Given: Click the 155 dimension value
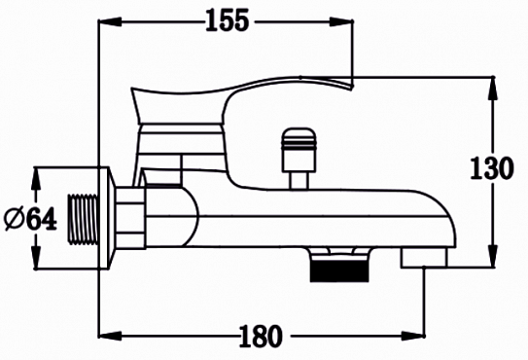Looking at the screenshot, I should pos(227,19).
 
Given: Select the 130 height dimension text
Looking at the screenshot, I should pos(491,167).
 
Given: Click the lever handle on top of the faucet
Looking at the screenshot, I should pos(243,92).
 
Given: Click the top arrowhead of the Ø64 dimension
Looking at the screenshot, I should pos(35,175).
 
